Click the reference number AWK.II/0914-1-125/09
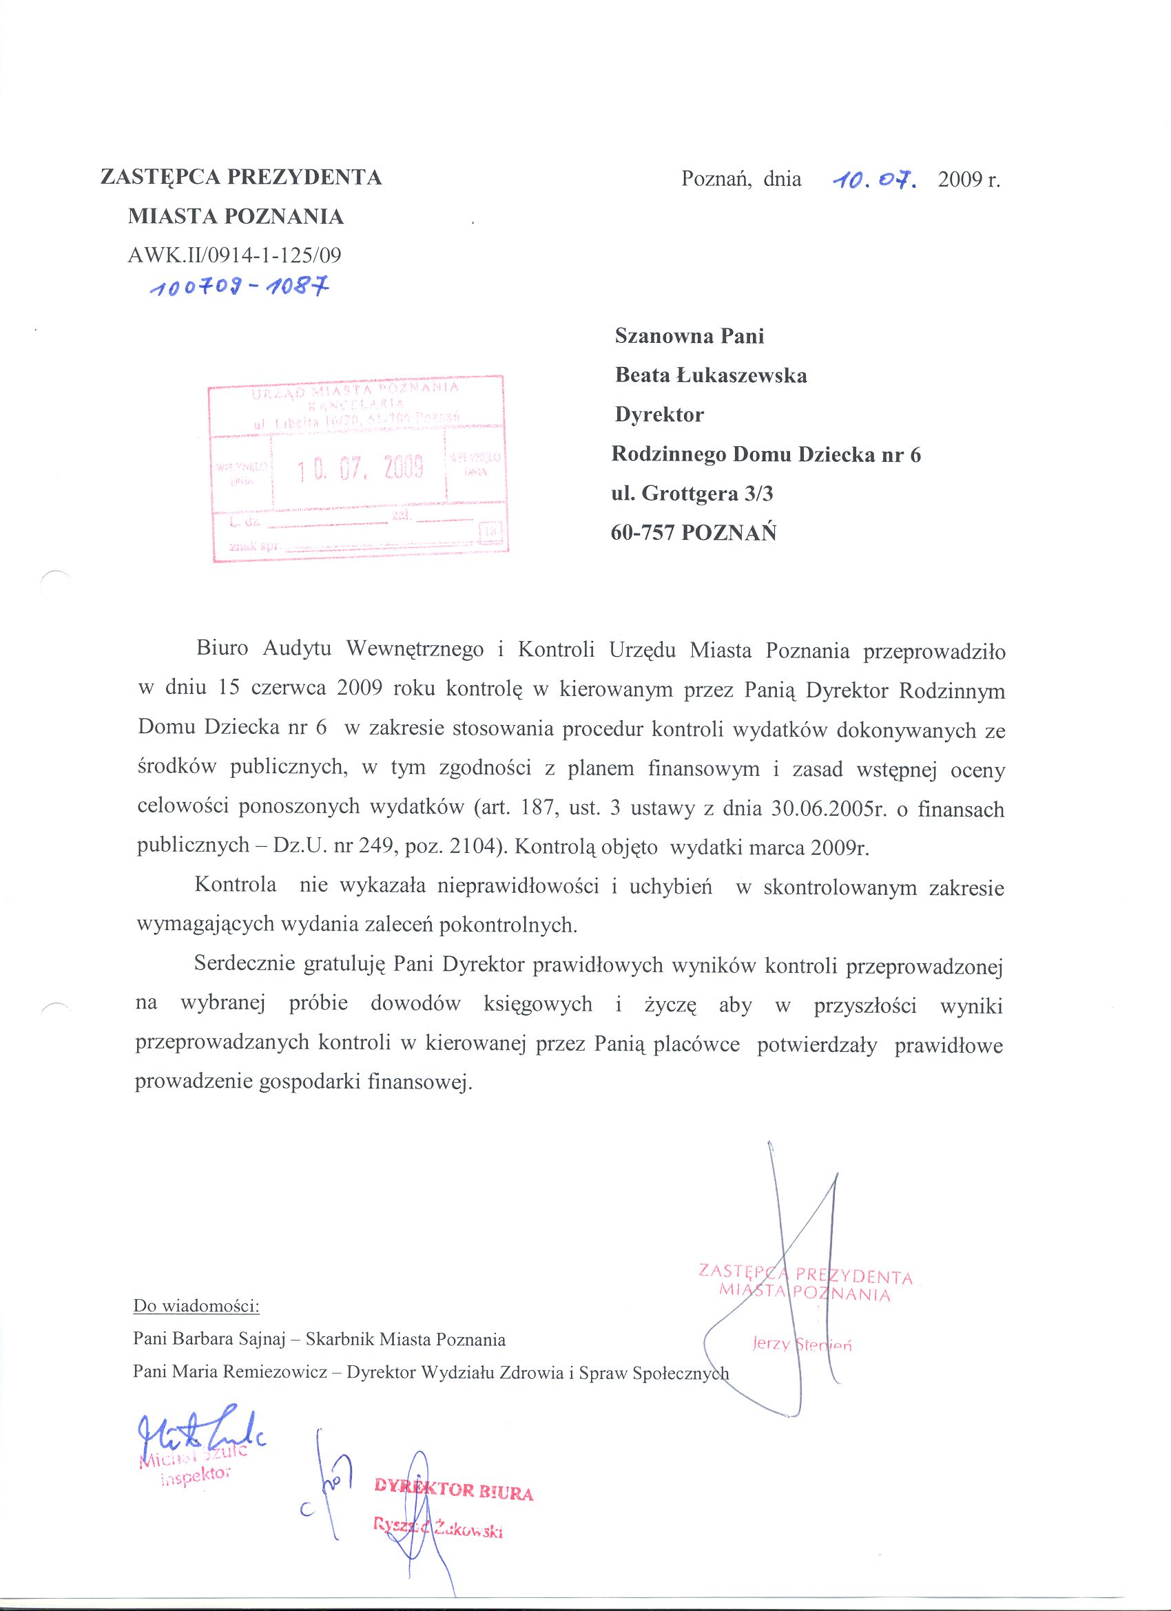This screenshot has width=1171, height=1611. pos(234,255)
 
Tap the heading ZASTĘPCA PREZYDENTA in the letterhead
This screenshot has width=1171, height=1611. pos(241,177)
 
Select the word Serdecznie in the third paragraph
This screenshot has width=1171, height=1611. pos(245,965)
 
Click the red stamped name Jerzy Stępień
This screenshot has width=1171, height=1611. pos(802,1344)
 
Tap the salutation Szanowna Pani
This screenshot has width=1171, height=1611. pos(690,335)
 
